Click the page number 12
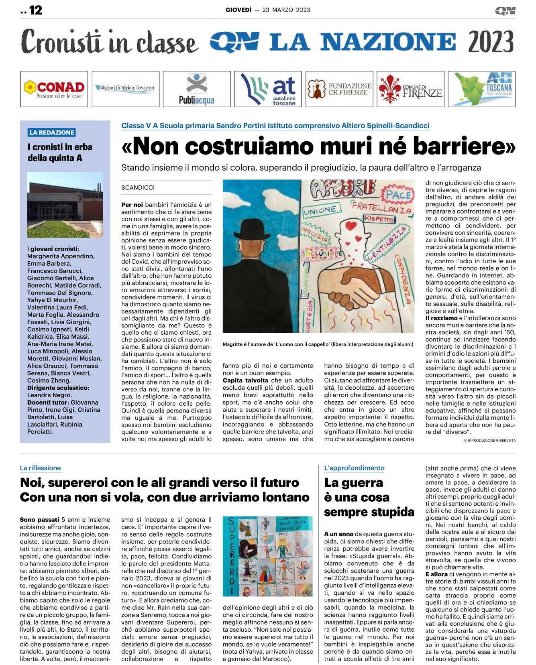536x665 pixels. pos(35,10)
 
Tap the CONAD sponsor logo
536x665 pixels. pos(54,89)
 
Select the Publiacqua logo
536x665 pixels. pos(197,89)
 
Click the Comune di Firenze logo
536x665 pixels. pos(410,89)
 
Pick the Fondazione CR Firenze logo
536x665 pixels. pos(339,89)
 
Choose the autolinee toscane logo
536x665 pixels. pos(268,89)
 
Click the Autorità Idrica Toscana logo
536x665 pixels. pos(125,88)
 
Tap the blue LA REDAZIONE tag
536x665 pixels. pos(52,132)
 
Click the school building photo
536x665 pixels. pos(65,205)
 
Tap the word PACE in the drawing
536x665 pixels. pos(399,195)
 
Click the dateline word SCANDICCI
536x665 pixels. pos(138,187)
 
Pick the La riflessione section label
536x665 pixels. pos(41,468)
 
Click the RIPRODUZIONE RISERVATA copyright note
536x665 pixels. pos(490,440)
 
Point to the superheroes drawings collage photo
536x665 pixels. pos(267,556)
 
